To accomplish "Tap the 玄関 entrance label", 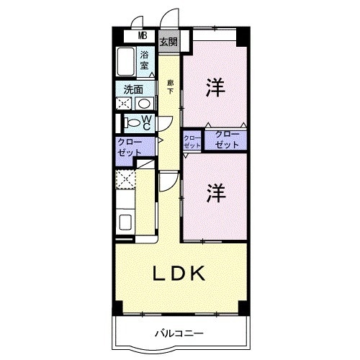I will [x=168, y=41].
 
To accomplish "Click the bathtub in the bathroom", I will [x=127, y=63].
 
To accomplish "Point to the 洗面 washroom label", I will [x=133, y=90].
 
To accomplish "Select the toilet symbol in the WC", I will [x=130, y=123].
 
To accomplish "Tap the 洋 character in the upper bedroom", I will [x=214, y=88].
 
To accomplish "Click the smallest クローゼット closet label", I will [x=192, y=141].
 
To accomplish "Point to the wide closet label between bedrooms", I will [x=225, y=140].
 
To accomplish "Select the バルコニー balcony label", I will [x=179, y=333].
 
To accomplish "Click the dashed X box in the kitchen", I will [x=125, y=180].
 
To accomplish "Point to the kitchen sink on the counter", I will [x=124, y=221].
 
